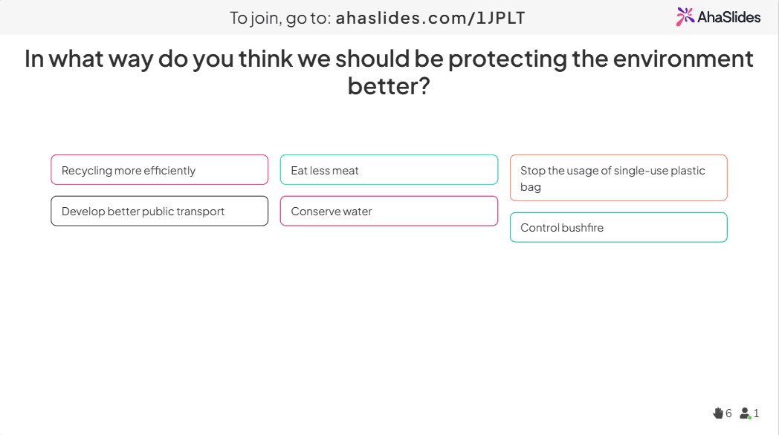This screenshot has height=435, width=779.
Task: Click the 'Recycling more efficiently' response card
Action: click(x=160, y=170)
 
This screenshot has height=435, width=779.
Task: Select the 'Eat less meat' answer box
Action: click(x=389, y=170)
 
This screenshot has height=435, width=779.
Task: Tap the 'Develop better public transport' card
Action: click(x=160, y=211)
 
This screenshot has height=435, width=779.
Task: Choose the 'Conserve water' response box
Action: click(x=389, y=211)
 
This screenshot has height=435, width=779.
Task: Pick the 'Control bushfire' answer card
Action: click(x=618, y=227)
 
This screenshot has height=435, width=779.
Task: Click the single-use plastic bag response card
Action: click(x=618, y=177)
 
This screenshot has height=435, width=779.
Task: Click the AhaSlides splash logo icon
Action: click(x=685, y=16)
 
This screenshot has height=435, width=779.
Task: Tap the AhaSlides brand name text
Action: click(x=728, y=17)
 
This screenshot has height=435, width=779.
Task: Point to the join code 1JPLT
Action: click(x=500, y=18)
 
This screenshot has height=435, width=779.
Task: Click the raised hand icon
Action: click(x=718, y=413)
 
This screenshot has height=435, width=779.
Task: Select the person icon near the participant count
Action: click(x=746, y=413)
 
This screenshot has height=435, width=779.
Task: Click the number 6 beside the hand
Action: click(x=728, y=413)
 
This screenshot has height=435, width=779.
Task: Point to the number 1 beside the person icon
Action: click(x=756, y=413)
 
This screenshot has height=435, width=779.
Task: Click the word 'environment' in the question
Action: click(x=683, y=59)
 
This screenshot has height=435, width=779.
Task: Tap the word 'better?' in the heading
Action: click(x=389, y=86)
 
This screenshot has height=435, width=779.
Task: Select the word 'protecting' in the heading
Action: click(x=507, y=59)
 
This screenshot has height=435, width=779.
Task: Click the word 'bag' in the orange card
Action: click(x=531, y=188)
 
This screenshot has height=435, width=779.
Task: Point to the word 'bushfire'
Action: click(x=583, y=228)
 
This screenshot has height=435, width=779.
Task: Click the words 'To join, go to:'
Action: click(x=280, y=19)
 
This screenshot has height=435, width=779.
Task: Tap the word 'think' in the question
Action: click(x=265, y=59)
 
